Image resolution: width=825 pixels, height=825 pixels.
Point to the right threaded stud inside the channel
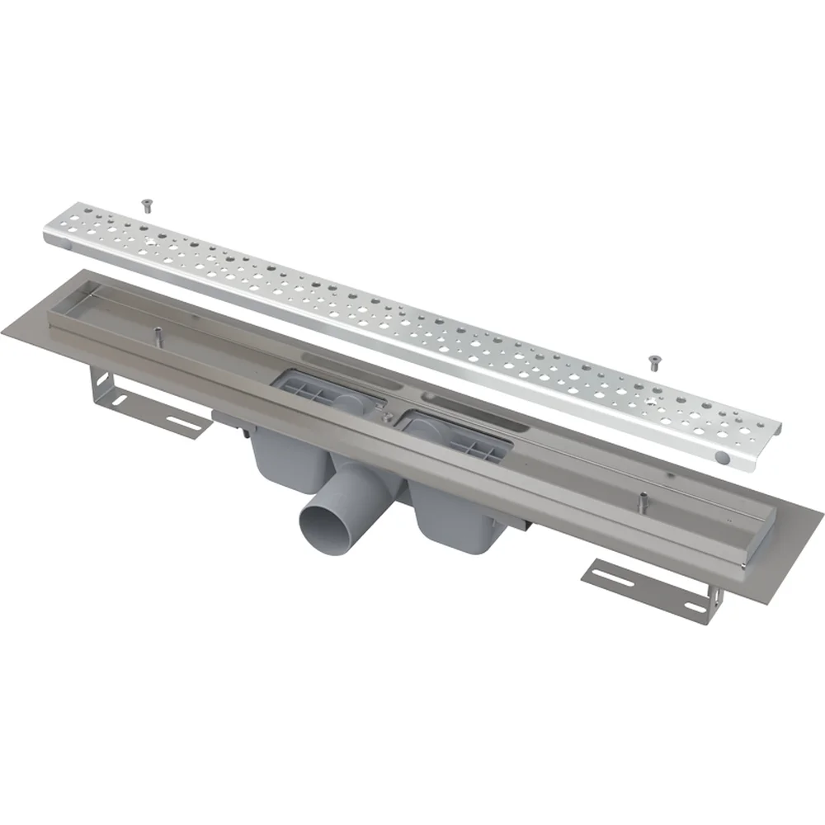tap(641, 499)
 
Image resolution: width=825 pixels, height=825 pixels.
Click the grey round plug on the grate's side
tap(723, 456)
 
